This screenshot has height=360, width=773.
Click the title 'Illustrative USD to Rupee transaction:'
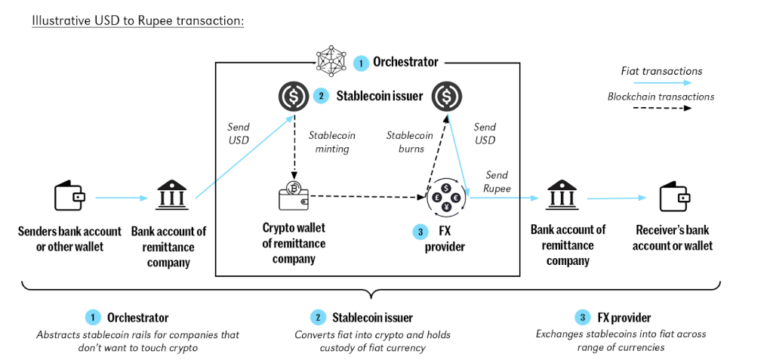(x=137, y=20)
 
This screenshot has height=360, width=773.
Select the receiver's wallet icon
(x=673, y=197)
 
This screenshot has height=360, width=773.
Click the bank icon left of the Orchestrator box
(x=168, y=198)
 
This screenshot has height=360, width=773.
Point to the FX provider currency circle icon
(x=445, y=198)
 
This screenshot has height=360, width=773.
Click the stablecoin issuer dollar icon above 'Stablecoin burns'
(x=447, y=96)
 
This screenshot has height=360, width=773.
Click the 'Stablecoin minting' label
(x=332, y=142)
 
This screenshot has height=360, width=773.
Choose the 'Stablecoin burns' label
(x=410, y=142)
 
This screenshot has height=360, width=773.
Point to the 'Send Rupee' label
(x=497, y=181)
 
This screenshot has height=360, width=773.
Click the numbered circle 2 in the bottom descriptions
(x=319, y=318)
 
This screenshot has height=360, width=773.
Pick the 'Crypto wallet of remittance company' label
(x=294, y=243)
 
